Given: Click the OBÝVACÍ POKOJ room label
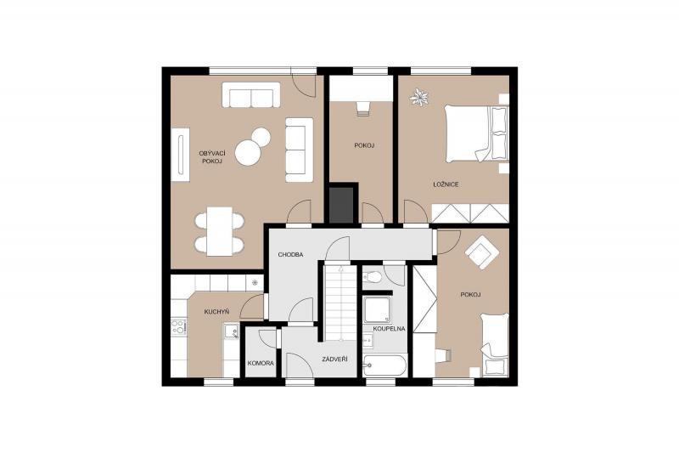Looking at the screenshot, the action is tap(210, 157).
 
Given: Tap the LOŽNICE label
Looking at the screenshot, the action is tap(446, 184).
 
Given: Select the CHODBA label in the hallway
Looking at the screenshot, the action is tap(290, 255).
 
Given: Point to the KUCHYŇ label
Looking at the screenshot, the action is tap(216, 312).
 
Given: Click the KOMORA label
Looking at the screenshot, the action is tap(261, 363).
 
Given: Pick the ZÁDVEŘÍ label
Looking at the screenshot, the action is tap(334, 360).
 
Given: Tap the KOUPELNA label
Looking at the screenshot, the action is tap(389, 329).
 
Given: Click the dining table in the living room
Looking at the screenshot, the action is tap(220, 231).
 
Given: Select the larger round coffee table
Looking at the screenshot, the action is tap(248, 153).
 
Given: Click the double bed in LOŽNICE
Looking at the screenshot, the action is tap(476, 133).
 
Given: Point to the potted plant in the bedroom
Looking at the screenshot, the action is tap(418, 97).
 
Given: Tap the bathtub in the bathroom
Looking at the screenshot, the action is tap(384, 365).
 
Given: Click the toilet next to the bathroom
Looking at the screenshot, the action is tap(372, 276).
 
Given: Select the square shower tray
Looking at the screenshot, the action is tap(377, 309).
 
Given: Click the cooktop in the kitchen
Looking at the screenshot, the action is tap(178, 327).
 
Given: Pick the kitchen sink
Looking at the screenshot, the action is tap(231, 331).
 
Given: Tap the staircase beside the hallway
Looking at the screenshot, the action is tap(341, 303).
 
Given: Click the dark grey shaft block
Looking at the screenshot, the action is tap(341, 205).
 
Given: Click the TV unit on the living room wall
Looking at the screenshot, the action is tap(181, 155).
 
